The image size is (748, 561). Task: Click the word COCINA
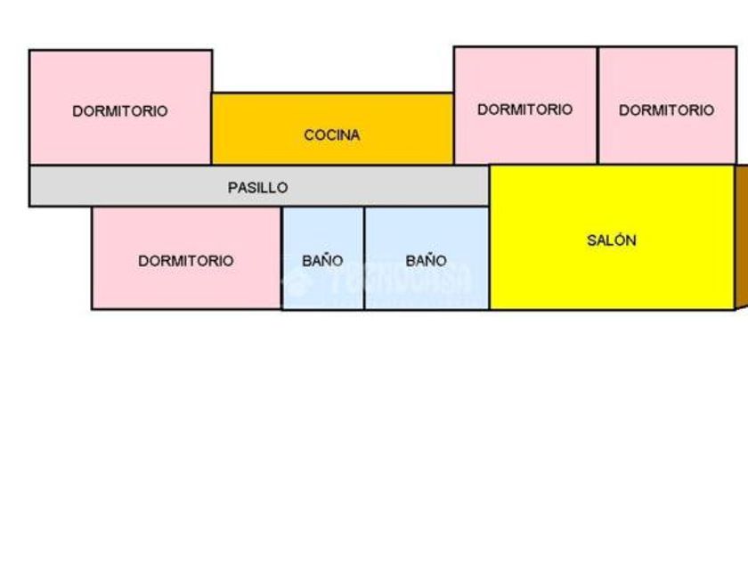point(332,135)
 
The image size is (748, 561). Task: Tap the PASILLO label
point(257,188)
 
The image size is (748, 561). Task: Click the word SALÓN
point(612,240)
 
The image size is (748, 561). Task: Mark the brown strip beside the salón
point(741,236)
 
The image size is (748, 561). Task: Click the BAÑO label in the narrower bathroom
point(322,261)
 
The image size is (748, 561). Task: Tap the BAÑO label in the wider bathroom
point(426,261)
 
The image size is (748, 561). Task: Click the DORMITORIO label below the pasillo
point(185,261)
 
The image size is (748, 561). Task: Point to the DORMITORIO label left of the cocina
point(120,111)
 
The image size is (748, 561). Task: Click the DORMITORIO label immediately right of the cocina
point(524,110)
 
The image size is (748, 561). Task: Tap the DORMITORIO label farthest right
point(666,110)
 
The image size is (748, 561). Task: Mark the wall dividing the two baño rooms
point(364,258)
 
